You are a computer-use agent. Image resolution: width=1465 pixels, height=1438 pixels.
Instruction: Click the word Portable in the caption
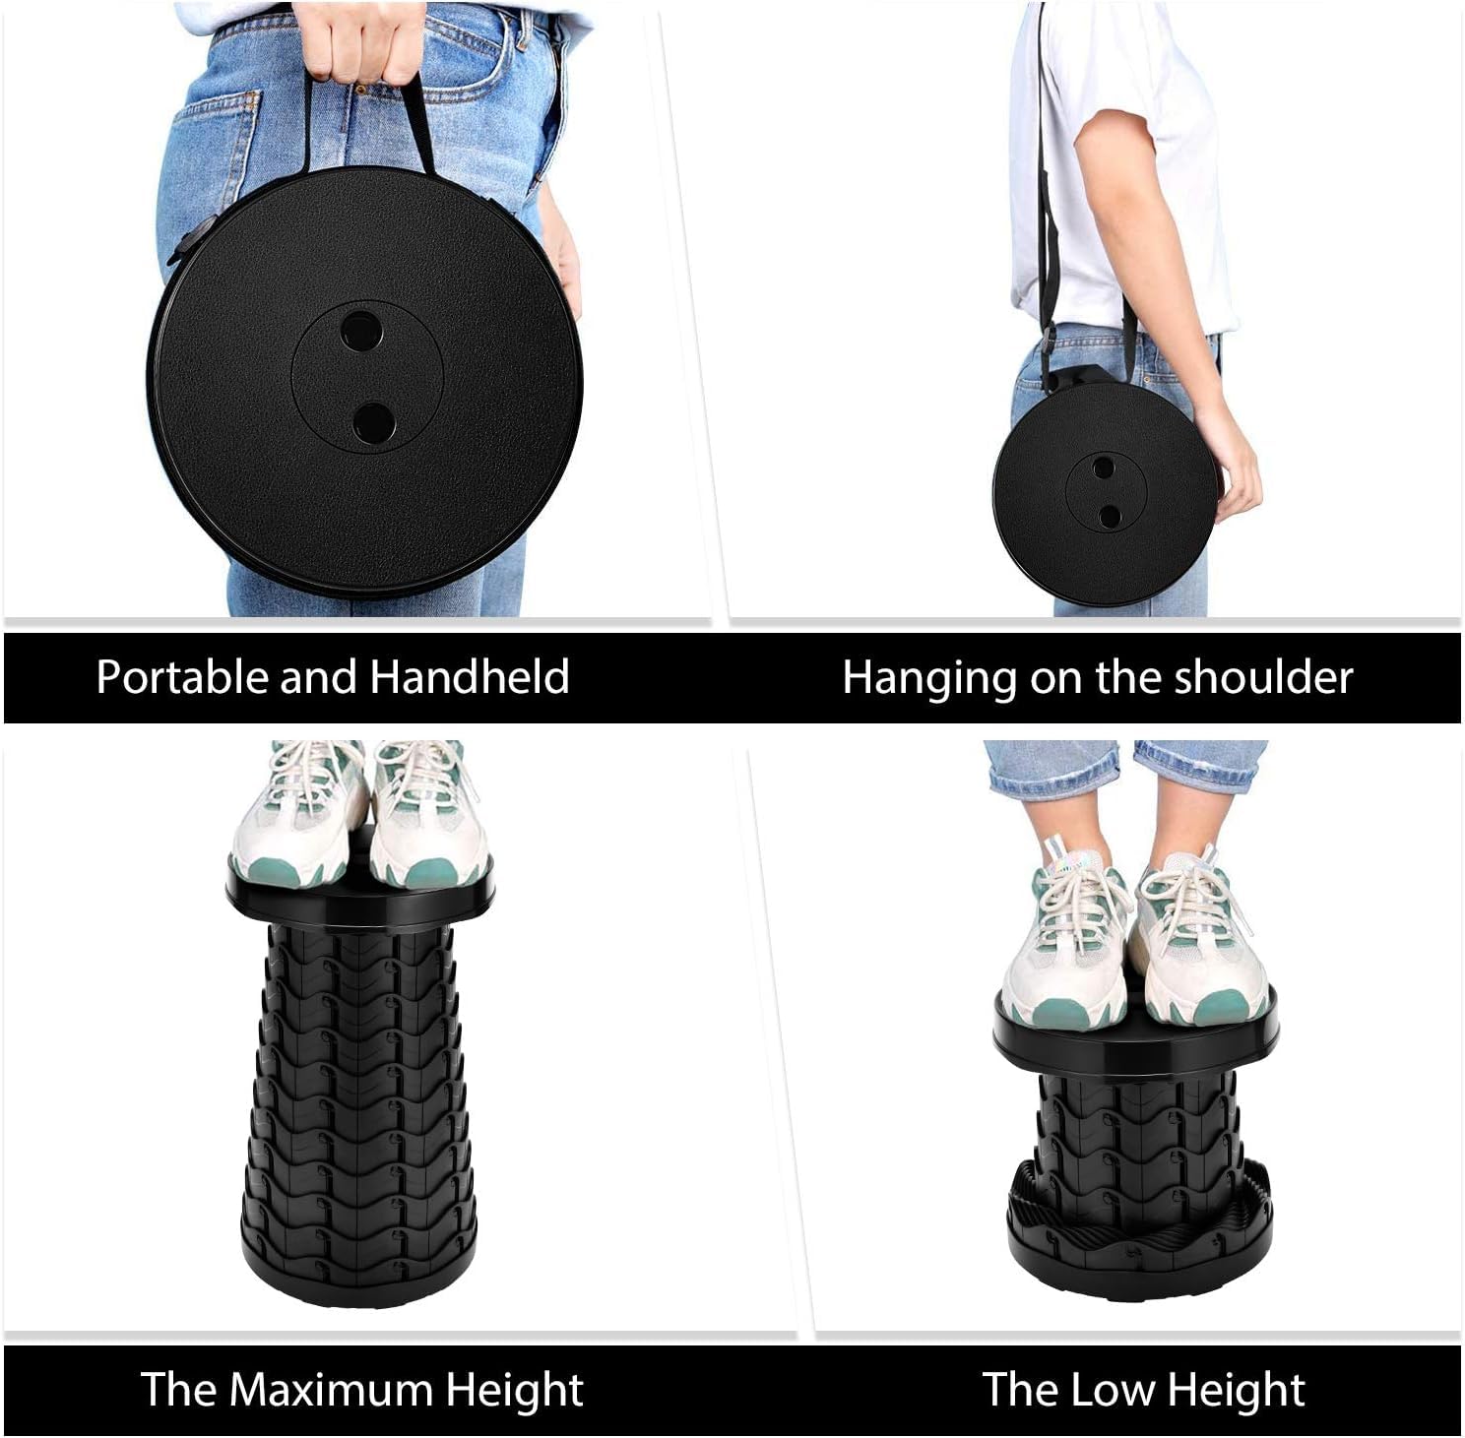[181, 677]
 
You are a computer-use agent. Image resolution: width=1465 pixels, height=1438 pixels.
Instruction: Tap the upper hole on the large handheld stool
[361, 331]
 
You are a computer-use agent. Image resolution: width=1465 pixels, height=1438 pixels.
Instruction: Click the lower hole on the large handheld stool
[373, 422]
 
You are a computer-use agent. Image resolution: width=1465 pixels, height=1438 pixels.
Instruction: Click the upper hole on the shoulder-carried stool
[1104, 468]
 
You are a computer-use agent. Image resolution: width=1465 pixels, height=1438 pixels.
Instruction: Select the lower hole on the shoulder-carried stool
[1110, 514]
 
